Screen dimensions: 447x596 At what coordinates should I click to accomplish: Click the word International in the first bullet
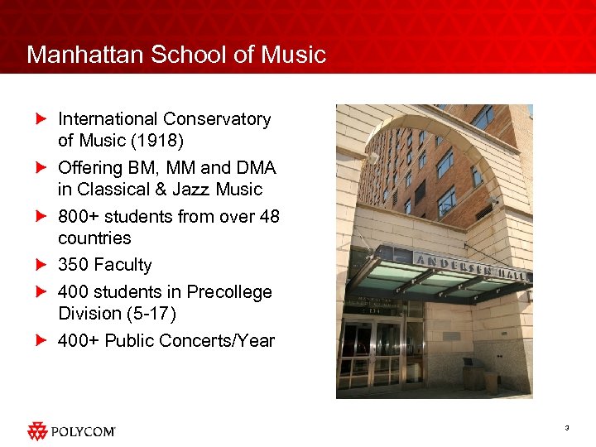[x=106, y=119]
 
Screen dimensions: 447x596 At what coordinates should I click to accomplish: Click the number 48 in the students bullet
[x=269, y=216]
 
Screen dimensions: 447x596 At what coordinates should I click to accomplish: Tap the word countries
[x=94, y=238]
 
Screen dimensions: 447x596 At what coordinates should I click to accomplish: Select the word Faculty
[x=123, y=265]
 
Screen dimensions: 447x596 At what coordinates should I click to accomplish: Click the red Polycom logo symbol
[x=38, y=430]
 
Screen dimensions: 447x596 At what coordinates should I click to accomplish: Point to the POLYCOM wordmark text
[x=84, y=431]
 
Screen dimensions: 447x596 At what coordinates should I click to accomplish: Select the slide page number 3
[x=567, y=427]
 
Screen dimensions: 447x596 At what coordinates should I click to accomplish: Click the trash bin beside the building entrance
[x=474, y=377]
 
